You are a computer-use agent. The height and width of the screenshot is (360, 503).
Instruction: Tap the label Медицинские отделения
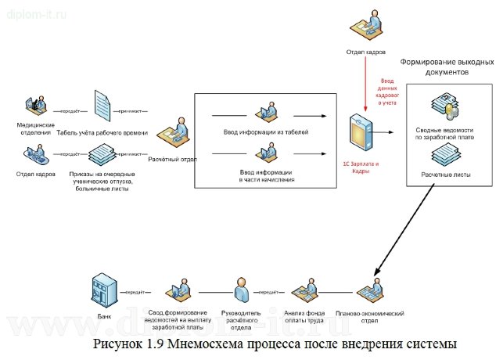point(35,128)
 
